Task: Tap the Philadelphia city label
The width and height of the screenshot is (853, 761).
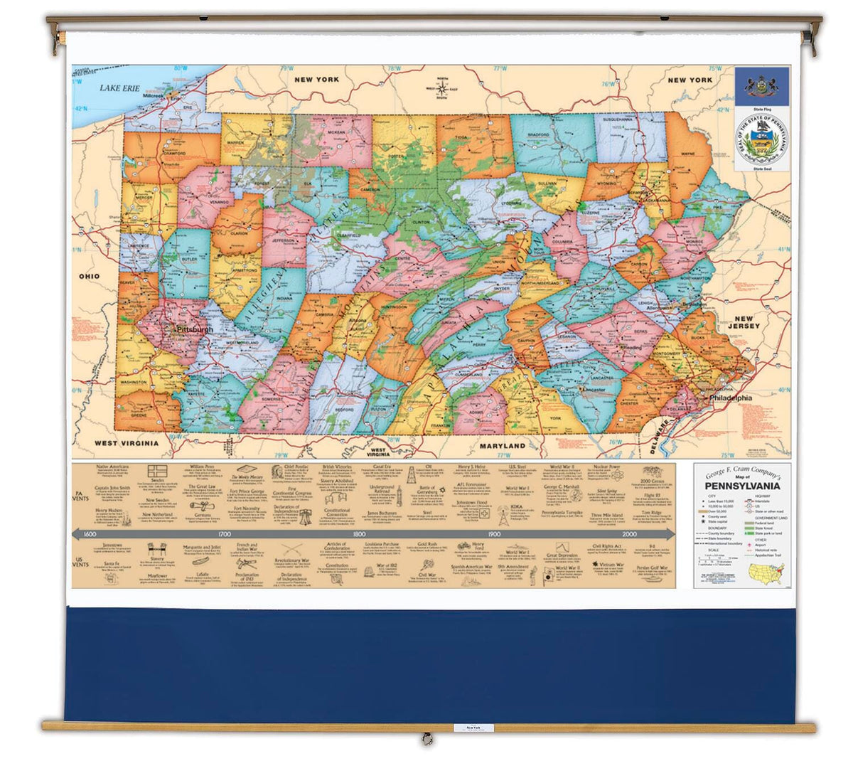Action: point(727,398)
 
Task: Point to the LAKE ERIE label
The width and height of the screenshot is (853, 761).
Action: point(120,87)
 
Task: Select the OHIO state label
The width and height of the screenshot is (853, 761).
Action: point(90,276)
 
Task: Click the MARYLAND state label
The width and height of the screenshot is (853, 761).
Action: point(501,446)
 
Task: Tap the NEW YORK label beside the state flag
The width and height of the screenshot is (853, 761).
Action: point(690,80)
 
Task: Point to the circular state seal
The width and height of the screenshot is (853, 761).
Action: point(761,141)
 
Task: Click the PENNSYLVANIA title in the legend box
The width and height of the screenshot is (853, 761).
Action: point(741,486)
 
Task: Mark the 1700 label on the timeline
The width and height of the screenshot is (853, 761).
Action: point(225,533)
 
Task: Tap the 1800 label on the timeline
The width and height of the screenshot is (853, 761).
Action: point(360,533)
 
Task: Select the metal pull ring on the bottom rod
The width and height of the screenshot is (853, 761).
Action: point(426,738)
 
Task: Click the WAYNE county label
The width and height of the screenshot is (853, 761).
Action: point(687,154)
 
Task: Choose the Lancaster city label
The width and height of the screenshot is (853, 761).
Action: point(593,390)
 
